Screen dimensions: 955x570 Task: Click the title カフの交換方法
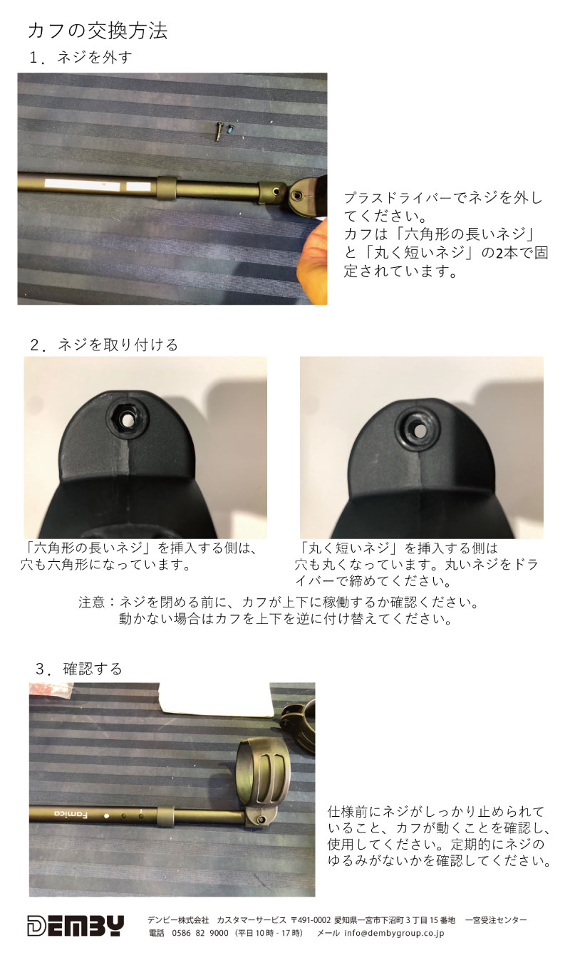click(98, 31)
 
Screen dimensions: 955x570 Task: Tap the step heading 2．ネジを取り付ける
click(104, 345)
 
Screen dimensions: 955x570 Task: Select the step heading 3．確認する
click(79, 669)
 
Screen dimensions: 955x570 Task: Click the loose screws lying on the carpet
click(225, 130)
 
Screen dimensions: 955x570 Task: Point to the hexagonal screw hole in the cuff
click(125, 420)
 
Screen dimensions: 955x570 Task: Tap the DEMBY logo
click(76, 925)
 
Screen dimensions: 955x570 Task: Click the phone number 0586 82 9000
click(199, 933)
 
